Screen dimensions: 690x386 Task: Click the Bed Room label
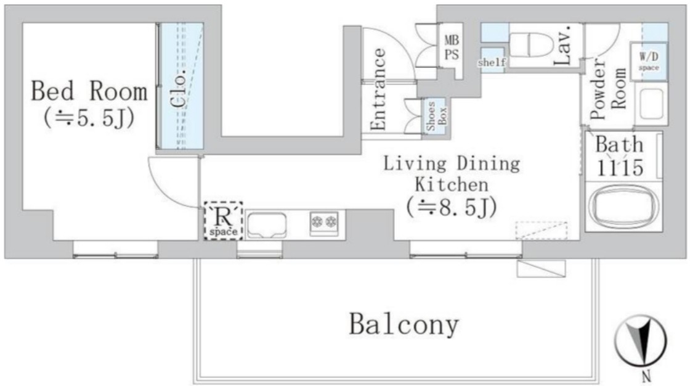[x=89, y=91]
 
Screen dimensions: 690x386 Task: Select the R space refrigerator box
[x=223, y=221]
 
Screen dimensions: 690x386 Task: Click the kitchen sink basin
[x=267, y=225]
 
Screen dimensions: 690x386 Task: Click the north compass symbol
[x=641, y=343]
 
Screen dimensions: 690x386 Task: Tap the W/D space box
[x=649, y=61]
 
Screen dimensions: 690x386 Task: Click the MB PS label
[x=451, y=47]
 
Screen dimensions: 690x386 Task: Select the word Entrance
[x=378, y=89]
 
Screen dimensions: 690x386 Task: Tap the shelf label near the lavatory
[x=492, y=62]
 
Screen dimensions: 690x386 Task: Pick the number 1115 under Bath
[x=620, y=167]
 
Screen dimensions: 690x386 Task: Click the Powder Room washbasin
[x=651, y=104]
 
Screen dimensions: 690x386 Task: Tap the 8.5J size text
[x=452, y=207]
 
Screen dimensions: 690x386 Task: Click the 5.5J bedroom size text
[x=89, y=118]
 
